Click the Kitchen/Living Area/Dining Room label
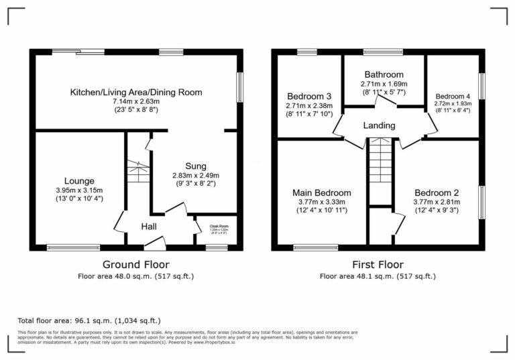[136, 92]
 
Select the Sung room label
[196, 166]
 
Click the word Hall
[149, 227]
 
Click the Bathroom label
[384, 74]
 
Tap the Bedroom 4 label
[453, 95]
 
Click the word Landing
[379, 125]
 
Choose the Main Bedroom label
[321, 193]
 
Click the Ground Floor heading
[135, 265]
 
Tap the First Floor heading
[378, 265]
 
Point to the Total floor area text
[89, 320]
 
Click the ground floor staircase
[137, 174]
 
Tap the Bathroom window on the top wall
[383, 52]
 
